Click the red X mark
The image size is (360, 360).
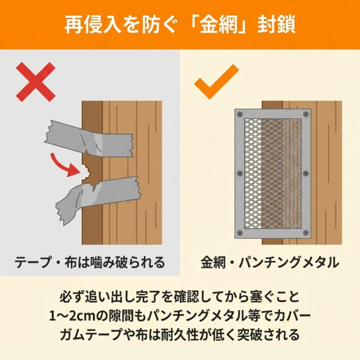tap(36, 82)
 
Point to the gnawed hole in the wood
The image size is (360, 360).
tap(86, 172)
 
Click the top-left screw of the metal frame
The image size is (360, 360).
tap(240, 114)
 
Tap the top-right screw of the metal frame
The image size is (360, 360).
tap(306, 114)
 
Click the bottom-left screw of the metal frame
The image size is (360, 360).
tap(240, 233)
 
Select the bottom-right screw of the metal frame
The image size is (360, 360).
tap(306, 233)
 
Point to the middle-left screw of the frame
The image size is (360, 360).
tap(240, 173)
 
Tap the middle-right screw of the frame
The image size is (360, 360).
tap(306, 173)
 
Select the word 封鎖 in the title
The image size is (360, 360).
tap(276, 25)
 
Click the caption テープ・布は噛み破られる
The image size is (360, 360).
tap(90, 262)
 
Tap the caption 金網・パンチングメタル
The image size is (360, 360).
tap(270, 262)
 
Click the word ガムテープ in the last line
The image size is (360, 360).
tap(91, 335)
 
